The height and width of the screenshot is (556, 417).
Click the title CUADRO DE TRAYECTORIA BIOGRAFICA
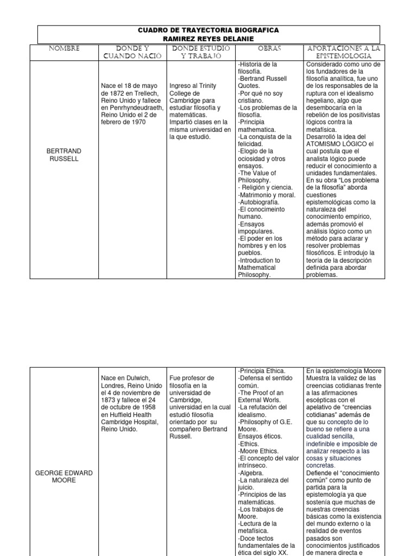(x=209, y=30)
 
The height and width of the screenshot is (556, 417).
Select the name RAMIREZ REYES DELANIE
(x=209, y=39)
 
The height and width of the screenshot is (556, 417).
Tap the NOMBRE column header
(x=64, y=48)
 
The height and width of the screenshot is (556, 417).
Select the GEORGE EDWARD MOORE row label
(x=64, y=476)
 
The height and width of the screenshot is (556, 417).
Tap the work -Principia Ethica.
(x=262, y=370)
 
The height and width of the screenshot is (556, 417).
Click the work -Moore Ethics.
(x=259, y=451)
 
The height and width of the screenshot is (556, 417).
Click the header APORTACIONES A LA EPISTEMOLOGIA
(x=344, y=52)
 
